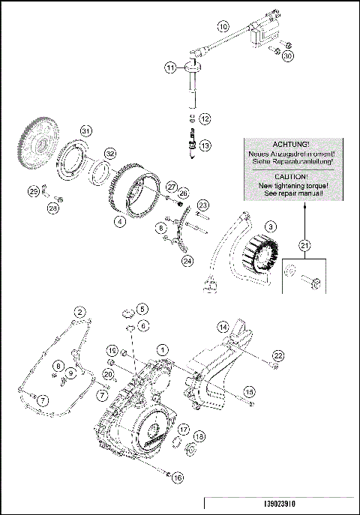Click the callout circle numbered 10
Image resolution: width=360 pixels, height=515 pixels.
(x=223, y=25)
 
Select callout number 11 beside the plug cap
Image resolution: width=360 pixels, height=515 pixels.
(x=170, y=68)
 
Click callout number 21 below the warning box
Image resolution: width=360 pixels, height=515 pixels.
(x=304, y=244)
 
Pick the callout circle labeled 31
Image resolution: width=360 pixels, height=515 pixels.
(x=86, y=130)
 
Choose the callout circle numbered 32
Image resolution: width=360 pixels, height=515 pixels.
(x=109, y=153)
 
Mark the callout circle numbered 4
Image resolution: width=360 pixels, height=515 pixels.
(x=119, y=221)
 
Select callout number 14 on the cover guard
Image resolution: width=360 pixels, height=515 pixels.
(x=222, y=326)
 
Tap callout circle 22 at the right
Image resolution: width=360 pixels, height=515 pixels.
(x=278, y=355)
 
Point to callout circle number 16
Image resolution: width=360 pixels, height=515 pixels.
(x=177, y=476)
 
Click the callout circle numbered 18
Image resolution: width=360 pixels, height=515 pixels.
(x=199, y=436)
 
